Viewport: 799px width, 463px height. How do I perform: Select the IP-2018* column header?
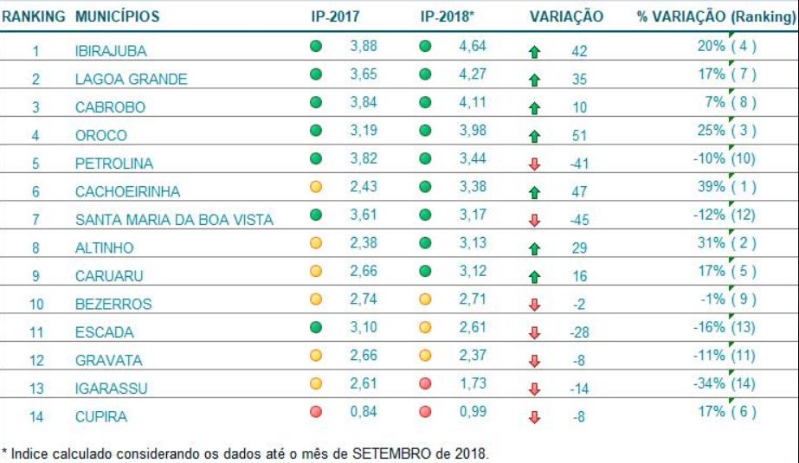[447, 17]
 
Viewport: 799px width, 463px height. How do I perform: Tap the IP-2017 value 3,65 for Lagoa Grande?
[363, 76]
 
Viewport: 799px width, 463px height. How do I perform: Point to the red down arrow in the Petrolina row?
[535, 164]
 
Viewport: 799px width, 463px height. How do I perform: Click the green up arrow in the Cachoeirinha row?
[535, 191]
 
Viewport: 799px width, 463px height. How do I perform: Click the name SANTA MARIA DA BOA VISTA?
[174, 220]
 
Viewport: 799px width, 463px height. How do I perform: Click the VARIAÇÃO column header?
[566, 17]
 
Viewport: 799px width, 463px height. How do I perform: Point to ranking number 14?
[36, 417]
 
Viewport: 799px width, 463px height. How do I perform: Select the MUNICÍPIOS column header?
[117, 17]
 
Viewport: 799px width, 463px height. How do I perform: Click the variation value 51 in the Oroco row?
[579, 136]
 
